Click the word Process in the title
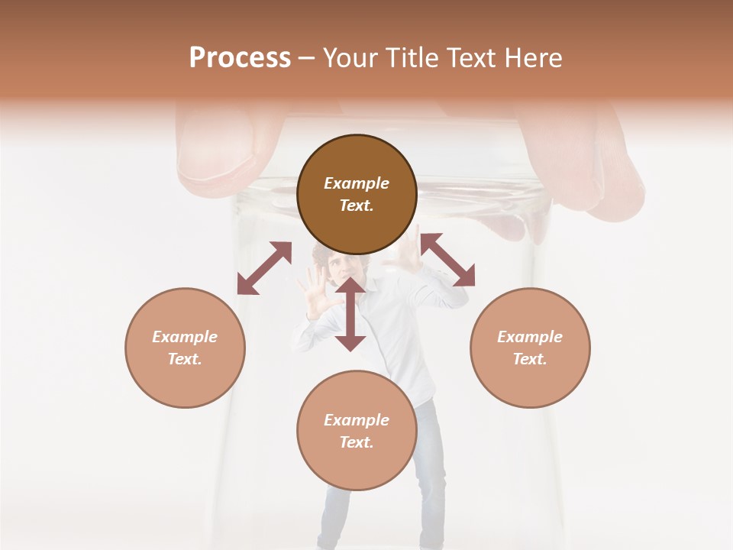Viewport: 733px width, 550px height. point(240,58)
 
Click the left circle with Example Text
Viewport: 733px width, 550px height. point(185,348)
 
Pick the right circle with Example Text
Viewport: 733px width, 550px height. point(530,348)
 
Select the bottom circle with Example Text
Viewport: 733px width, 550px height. point(357,431)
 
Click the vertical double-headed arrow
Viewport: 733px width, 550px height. point(350,314)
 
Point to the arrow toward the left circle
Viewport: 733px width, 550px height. point(264,268)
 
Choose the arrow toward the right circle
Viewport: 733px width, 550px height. point(447,260)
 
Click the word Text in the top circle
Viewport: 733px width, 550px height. point(357,205)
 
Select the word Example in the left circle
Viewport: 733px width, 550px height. point(185,337)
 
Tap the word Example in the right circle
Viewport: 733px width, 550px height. point(530,337)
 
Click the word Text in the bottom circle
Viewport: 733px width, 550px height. point(357,442)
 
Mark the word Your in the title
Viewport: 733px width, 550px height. point(350,58)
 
